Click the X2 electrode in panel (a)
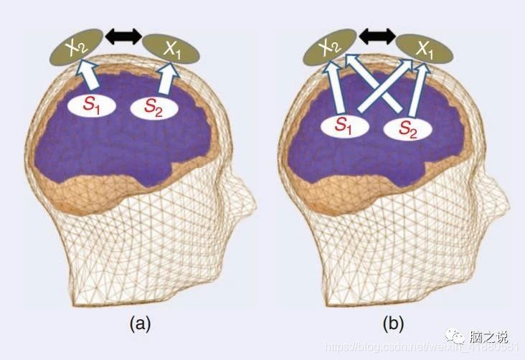[75, 47]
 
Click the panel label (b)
[393, 324]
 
